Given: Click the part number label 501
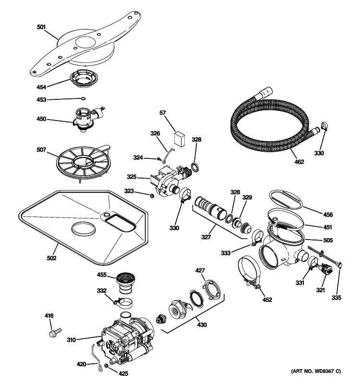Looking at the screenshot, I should [x=41, y=27].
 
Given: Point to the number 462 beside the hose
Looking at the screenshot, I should [x=299, y=162].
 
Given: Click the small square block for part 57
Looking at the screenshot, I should [x=180, y=138].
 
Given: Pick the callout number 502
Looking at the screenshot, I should [x=52, y=258].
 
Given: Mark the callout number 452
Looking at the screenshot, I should [x=267, y=300].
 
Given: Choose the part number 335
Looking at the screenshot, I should [x=336, y=298].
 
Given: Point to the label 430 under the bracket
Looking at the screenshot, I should [x=202, y=325].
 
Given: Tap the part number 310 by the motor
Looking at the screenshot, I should [x=71, y=340].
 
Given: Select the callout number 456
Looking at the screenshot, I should [x=328, y=215].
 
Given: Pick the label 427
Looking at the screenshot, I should [x=200, y=271].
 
